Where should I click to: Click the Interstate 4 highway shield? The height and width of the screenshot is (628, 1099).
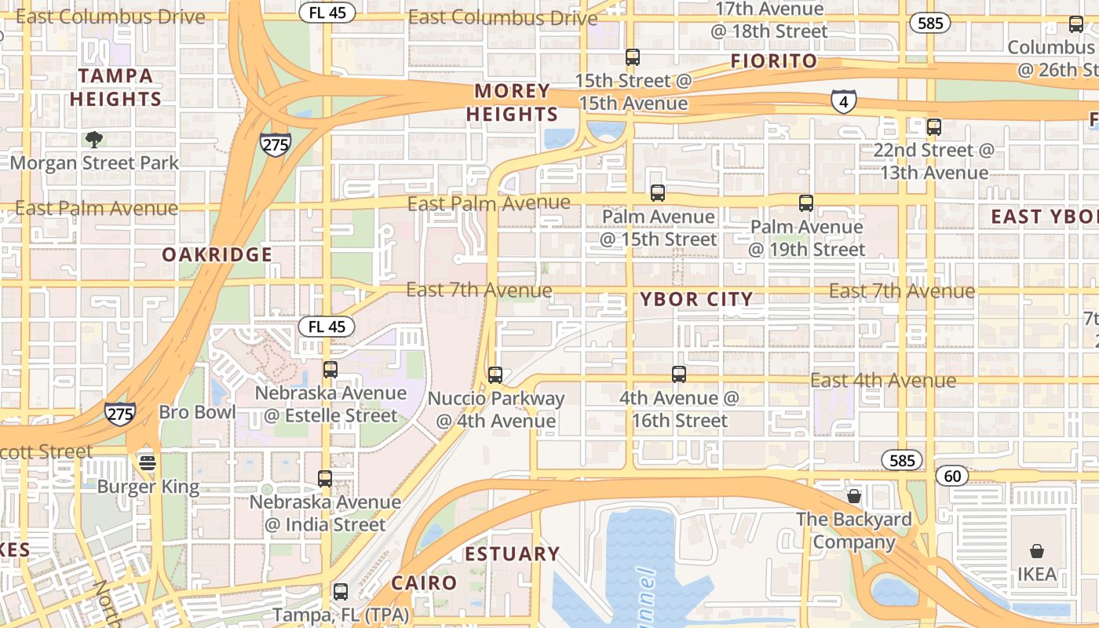coord(843,101)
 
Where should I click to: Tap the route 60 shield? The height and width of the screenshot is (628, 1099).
coord(952,476)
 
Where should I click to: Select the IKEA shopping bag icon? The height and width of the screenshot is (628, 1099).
coord(1036,551)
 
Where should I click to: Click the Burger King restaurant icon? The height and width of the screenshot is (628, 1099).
coord(148,463)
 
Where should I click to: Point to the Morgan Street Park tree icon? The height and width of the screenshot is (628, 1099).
coord(94,140)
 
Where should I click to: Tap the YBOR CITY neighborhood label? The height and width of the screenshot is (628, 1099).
coord(696,299)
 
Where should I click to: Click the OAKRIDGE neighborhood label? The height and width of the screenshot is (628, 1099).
coord(217,254)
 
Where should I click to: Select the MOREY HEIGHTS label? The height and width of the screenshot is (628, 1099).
coord(512,103)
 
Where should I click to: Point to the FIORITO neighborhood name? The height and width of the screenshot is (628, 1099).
coord(774,61)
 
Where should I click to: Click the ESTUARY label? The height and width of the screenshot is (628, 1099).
coord(512,554)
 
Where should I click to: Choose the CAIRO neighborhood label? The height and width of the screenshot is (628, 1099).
coord(424,583)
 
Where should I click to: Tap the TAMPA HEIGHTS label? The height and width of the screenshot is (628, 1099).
coord(115,87)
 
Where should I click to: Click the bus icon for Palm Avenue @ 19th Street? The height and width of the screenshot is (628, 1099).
coord(805,203)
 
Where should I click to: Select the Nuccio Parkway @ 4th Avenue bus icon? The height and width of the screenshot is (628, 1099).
coord(495,375)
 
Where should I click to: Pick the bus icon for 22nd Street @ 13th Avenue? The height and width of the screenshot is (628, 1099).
coord(933,126)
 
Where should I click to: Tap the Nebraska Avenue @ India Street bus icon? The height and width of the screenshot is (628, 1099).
coord(325,478)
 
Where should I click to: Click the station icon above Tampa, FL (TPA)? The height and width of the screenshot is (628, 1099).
coord(340,591)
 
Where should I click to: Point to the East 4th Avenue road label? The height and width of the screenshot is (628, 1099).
coord(883,381)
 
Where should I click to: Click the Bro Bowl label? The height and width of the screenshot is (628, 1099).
coord(197,412)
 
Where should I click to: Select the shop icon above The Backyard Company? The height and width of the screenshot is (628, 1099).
coord(854,496)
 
